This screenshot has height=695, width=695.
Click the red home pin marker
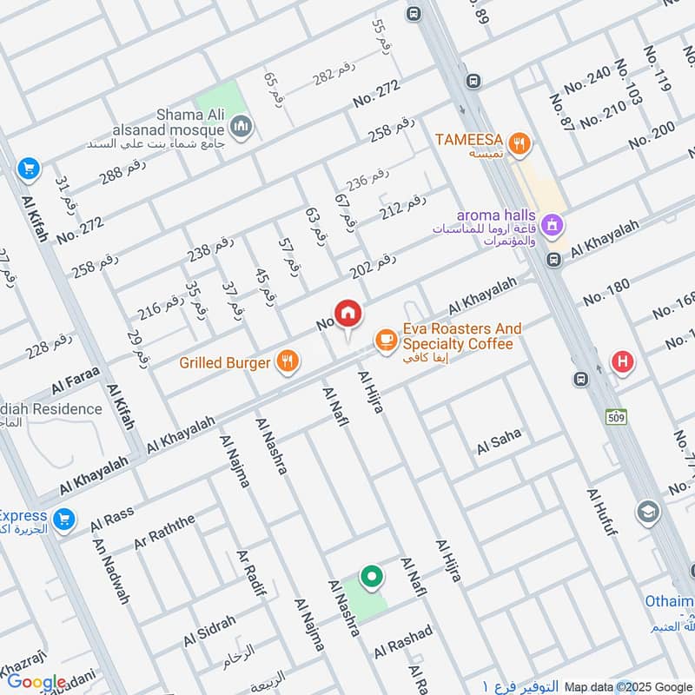click(347, 314)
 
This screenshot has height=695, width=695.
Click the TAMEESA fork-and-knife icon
click(520, 143)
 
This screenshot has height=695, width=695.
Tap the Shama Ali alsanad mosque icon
click(242, 129)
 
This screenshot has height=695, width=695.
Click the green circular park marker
click(372, 576)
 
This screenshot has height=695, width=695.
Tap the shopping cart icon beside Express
click(62, 520)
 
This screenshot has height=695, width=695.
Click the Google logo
click(36, 683)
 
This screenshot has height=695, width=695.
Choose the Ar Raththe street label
click(165, 532)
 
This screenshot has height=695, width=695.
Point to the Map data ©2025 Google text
click(628, 685)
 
